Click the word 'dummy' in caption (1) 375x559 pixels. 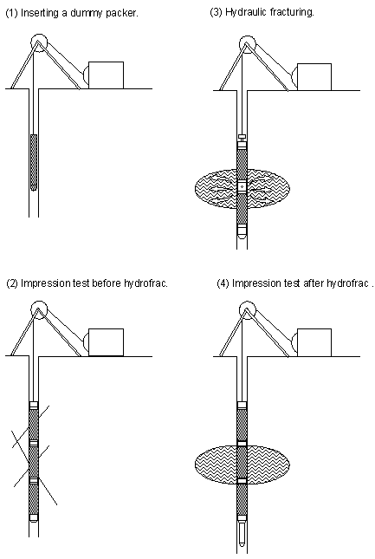pyautogui.click(x=87, y=13)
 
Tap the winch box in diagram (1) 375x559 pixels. pyautogui.click(x=106, y=75)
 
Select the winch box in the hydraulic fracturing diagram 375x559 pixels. pyautogui.click(x=314, y=77)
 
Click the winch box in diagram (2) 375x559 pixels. pyautogui.click(x=106, y=342)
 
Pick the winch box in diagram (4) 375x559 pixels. pyautogui.click(x=314, y=342)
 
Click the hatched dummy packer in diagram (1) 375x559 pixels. pyautogui.click(x=34, y=162)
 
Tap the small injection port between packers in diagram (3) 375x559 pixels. pyautogui.click(x=242, y=186)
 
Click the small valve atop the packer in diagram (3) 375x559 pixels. pyautogui.click(x=242, y=137)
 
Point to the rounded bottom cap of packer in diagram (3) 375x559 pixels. pyautogui.click(x=242, y=232)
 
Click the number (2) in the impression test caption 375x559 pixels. pyautogui.click(x=12, y=283)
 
